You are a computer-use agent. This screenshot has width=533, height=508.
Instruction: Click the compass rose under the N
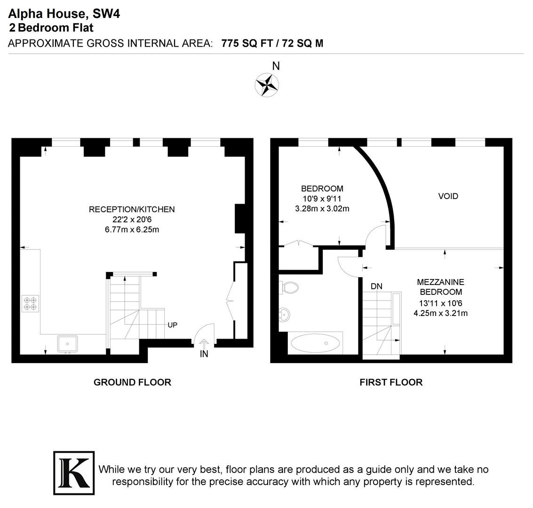click(x=267, y=85)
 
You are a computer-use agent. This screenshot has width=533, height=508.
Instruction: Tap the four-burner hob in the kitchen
click(x=30, y=303)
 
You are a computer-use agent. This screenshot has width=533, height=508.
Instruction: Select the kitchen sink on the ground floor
click(x=67, y=344)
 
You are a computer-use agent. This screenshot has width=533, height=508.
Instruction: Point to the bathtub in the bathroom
click(x=316, y=343)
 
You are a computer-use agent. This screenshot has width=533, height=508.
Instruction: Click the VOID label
click(x=448, y=196)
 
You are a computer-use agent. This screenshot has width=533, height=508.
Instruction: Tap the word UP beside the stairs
click(x=172, y=325)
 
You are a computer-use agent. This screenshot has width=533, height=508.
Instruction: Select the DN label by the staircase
click(x=376, y=286)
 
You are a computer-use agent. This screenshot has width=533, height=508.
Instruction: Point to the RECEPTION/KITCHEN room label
click(x=132, y=209)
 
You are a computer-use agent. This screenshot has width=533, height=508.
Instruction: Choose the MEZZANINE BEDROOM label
click(x=440, y=287)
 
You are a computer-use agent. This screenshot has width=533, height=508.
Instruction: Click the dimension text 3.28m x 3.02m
click(x=322, y=209)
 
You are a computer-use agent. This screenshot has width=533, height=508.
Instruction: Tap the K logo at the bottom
click(x=74, y=473)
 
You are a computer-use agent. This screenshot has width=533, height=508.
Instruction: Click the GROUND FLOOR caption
click(x=132, y=382)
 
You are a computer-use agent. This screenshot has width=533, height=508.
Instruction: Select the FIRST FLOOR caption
click(x=391, y=382)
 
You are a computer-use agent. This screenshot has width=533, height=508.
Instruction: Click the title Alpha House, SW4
click(x=64, y=14)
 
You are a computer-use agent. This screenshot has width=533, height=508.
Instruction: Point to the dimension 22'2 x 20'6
click(x=132, y=220)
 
